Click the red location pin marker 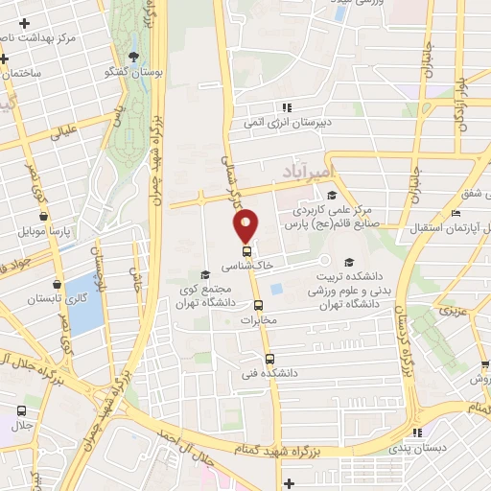[246, 225]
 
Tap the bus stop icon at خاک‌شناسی [247, 253]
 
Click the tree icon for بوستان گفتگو [132, 57]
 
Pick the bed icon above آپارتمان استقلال [456, 213]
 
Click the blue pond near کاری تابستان [84, 303]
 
